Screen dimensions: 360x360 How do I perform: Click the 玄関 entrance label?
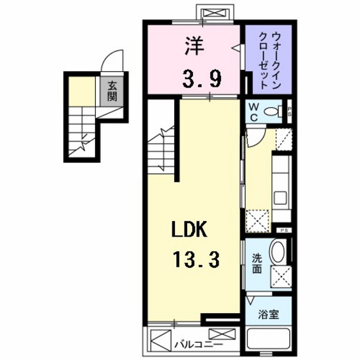[112, 92]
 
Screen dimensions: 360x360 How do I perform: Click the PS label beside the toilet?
[290, 111]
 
